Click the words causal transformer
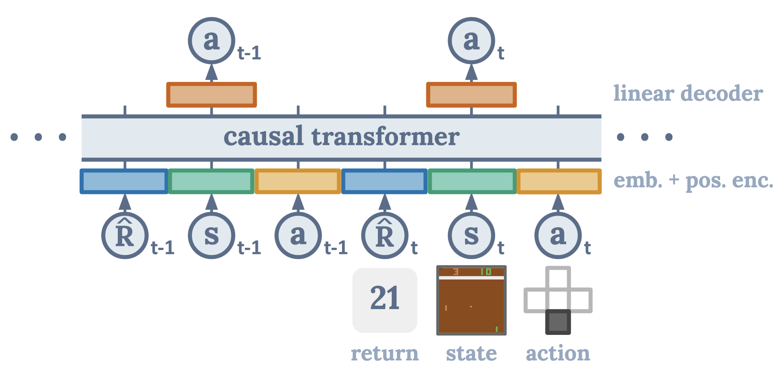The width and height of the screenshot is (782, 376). click(x=342, y=137)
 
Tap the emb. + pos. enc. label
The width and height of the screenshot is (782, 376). click(x=693, y=181)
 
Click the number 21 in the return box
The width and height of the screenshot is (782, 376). click(x=385, y=298)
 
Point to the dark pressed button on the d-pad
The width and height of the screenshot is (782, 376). click(x=558, y=322)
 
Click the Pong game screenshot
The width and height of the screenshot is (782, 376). click(x=471, y=300)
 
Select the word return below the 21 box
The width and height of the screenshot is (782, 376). click(x=385, y=353)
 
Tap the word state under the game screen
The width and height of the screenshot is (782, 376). click(x=471, y=353)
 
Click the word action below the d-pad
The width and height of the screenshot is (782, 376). click(x=558, y=353)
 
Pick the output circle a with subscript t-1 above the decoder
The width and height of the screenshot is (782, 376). click(x=211, y=40)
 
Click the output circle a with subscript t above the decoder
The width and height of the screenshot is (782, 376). click(x=471, y=40)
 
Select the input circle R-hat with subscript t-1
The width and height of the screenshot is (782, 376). click(x=125, y=235)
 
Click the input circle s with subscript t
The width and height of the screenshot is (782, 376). click(x=471, y=235)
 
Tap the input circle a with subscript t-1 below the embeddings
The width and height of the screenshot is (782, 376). click(x=298, y=235)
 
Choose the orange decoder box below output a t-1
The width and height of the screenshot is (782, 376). click(x=211, y=95)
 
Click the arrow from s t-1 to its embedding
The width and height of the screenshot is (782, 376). click(x=211, y=202)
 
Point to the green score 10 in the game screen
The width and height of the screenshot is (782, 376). click(x=486, y=272)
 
